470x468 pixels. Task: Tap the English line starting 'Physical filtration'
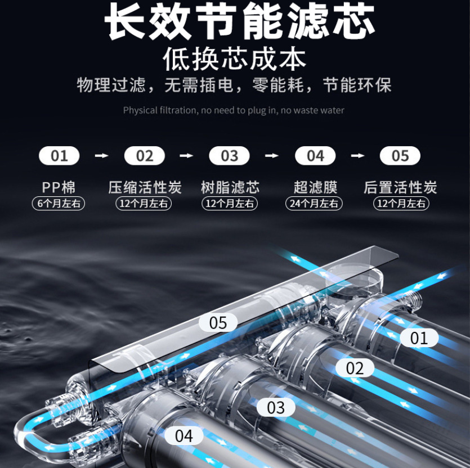(234, 110)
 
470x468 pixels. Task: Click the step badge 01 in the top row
(59, 156)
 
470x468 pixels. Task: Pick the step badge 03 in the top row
(229, 156)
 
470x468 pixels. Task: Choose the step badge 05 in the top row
(400, 156)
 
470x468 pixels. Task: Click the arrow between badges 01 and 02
(101, 156)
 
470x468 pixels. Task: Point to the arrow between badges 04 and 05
(357, 156)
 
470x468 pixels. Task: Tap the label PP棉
(59, 187)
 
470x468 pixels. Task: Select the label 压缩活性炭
(145, 187)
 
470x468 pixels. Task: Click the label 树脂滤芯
(230, 187)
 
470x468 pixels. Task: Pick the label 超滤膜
(315, 187)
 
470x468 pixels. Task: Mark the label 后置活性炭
(400, 187)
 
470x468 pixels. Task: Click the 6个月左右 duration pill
(59, 204)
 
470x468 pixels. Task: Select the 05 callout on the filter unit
(218, 323)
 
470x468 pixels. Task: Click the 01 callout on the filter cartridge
(419, 338)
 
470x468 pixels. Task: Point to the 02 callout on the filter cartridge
(355, 368)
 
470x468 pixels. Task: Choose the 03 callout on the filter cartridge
(276, 407)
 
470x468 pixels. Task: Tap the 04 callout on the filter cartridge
(183, 435)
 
